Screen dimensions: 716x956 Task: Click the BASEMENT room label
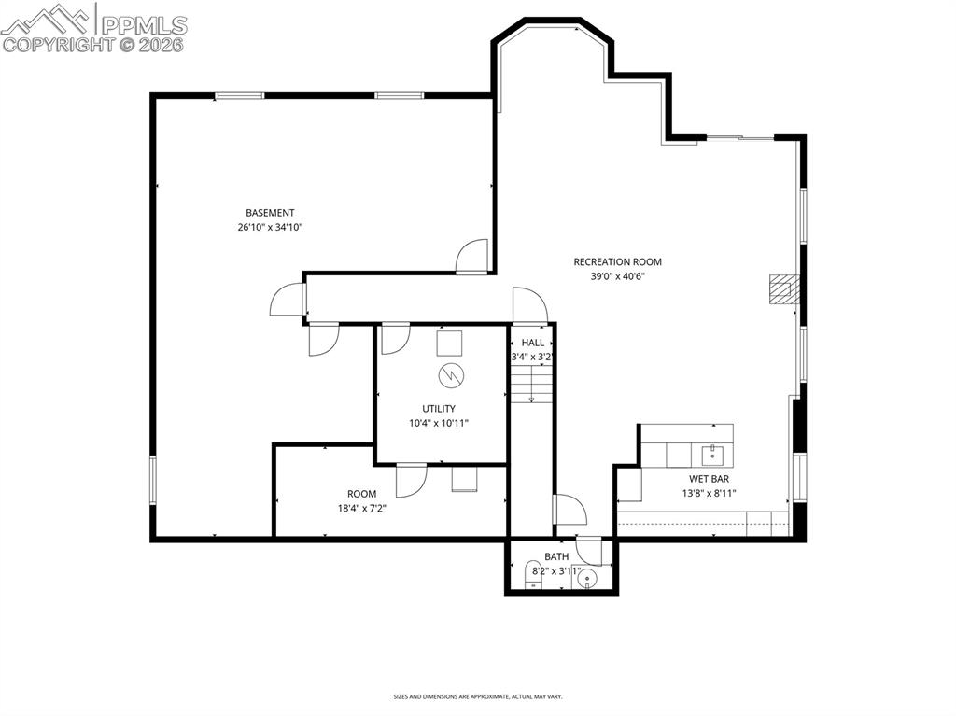270,213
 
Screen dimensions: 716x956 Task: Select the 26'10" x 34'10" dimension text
270,227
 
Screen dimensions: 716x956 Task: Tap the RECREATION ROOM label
617,262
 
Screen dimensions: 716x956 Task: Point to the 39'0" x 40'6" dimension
617,276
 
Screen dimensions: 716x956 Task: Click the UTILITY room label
439,409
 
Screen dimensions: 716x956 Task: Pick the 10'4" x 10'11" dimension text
439,423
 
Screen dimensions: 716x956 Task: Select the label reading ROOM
362,494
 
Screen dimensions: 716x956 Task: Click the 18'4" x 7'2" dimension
362,509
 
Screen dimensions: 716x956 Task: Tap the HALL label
533,343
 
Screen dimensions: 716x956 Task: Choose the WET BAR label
709,479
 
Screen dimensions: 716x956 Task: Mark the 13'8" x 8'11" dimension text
709,493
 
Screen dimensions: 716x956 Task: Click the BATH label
556,556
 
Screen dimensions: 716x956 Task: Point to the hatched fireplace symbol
779,289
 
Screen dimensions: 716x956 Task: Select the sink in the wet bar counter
713,455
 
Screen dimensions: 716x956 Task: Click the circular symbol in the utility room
449,375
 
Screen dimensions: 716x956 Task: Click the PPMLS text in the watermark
144,24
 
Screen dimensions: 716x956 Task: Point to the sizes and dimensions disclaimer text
478,696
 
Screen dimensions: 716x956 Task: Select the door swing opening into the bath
589,551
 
